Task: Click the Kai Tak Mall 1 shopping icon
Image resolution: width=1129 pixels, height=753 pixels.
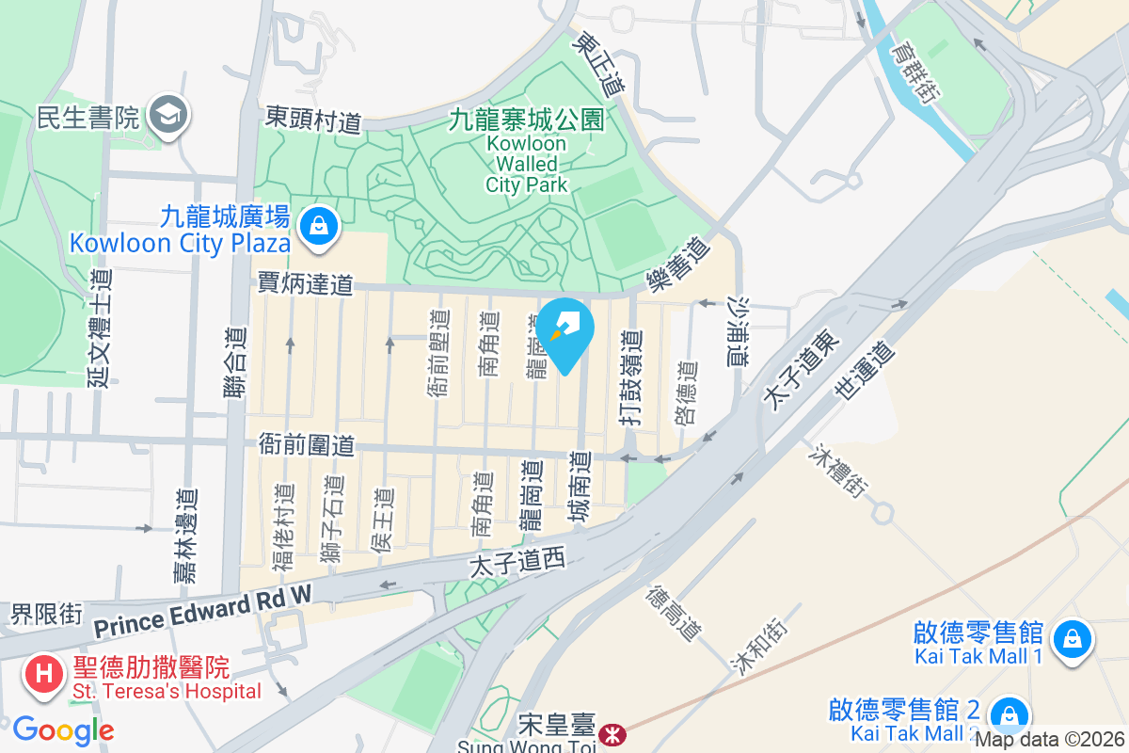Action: click(x=1072, y=640)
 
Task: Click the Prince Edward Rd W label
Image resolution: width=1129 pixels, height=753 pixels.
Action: click(x=201, y=611)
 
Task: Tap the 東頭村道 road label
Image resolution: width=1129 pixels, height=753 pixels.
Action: click(x=313, y=120)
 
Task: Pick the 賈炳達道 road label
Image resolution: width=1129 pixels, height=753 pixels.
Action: click(x=306, y=283)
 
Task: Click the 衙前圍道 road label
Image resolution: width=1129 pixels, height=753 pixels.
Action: click(x=306, y=444)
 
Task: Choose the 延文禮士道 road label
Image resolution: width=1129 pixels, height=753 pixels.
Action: click(x=100, y=327)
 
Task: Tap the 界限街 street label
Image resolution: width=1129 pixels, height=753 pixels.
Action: click(x=46, y=615)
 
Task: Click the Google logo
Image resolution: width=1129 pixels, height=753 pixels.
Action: click(x=63, y=730)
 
